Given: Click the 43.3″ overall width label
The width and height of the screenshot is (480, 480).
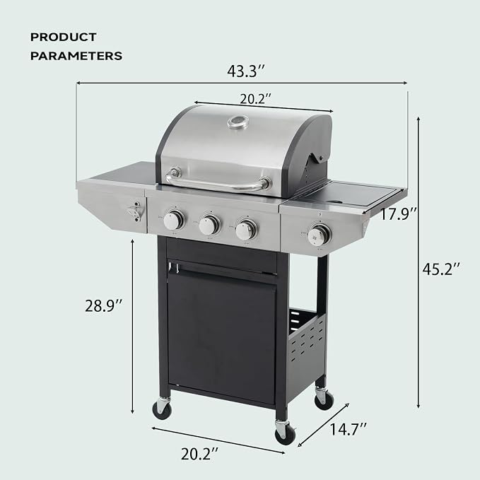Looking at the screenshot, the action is pos(245,71).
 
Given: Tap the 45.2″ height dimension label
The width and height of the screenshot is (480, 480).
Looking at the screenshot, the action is pos(441,269).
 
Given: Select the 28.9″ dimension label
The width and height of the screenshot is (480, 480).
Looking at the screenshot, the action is pos(103,306).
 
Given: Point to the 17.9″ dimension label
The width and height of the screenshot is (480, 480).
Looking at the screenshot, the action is pos(398,213).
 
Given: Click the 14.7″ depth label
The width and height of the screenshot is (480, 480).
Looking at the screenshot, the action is pos(348,429).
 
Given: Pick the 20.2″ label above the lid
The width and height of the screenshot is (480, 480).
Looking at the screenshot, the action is pos(255,99).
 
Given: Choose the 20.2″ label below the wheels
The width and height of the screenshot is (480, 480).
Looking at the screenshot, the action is pos(199,454).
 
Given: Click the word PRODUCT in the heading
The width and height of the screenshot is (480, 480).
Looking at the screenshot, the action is pos(64,37).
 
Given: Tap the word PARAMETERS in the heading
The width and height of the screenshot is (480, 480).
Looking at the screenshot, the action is pos(76,56).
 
